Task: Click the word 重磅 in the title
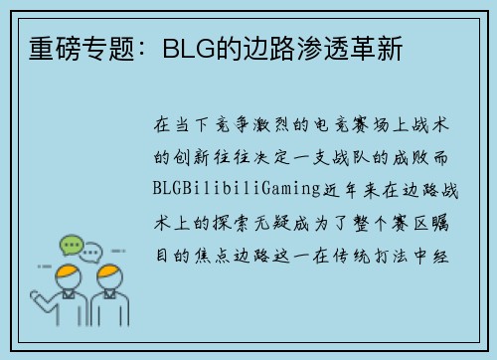(x=55, y=49)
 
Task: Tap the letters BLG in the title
(x=189, y=49)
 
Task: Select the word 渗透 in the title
(x=322, y=49)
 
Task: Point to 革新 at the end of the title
(x=376, y=49)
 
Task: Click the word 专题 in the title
(x=108, y=49)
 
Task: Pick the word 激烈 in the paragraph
(x=271, y=125)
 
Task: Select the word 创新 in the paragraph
(x=191, y=157)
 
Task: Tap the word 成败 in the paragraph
(x=411, y=157)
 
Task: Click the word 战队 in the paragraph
(x=351, y=157)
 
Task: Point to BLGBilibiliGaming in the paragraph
(x=237, y=189)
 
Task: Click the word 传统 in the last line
(x=351, y=256)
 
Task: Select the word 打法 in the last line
(x=391, y=256)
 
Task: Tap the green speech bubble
(x=71, y=245)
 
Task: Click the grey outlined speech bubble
(x=90, y=253)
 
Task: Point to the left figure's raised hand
(x=35, y=296)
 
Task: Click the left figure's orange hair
(x=68, y=271)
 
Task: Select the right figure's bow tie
(x=109, y=294)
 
